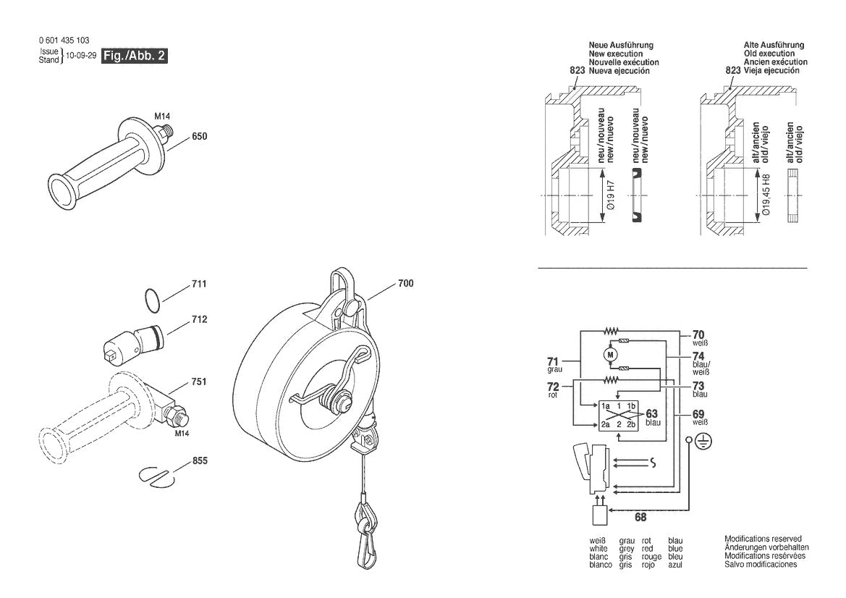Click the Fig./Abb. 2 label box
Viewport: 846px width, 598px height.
tap(135, 56)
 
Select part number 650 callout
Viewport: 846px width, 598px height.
tap(199, 136)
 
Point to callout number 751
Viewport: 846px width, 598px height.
tap(199, 381)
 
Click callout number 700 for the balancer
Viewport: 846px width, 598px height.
tap(405, 284)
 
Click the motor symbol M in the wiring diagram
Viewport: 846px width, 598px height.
tap(609, 354)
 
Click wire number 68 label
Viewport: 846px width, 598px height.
tap(640, 516)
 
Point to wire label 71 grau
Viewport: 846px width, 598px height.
tap(553, 363)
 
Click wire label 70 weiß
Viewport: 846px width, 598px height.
tap(698, 337)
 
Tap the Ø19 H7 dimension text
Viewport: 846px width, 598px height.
tap(610, 195)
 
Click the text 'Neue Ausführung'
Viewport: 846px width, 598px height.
tap(621, 45)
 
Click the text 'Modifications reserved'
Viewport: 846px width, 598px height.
tap(763, 539)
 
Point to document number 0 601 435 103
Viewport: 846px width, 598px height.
tap(64, 41)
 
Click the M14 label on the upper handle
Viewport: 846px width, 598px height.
tap(161, 115)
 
